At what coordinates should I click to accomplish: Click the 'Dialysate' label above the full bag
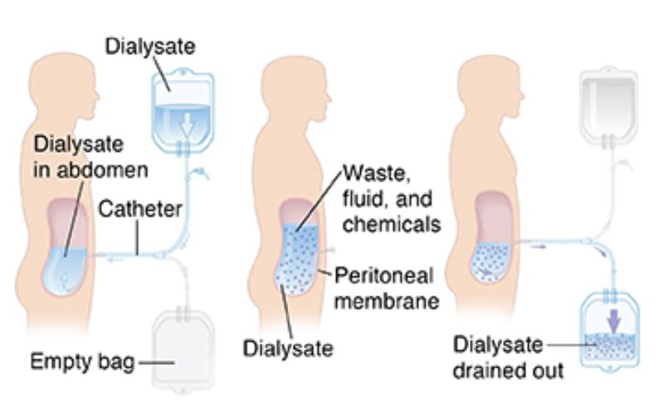(x=149, y=47)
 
